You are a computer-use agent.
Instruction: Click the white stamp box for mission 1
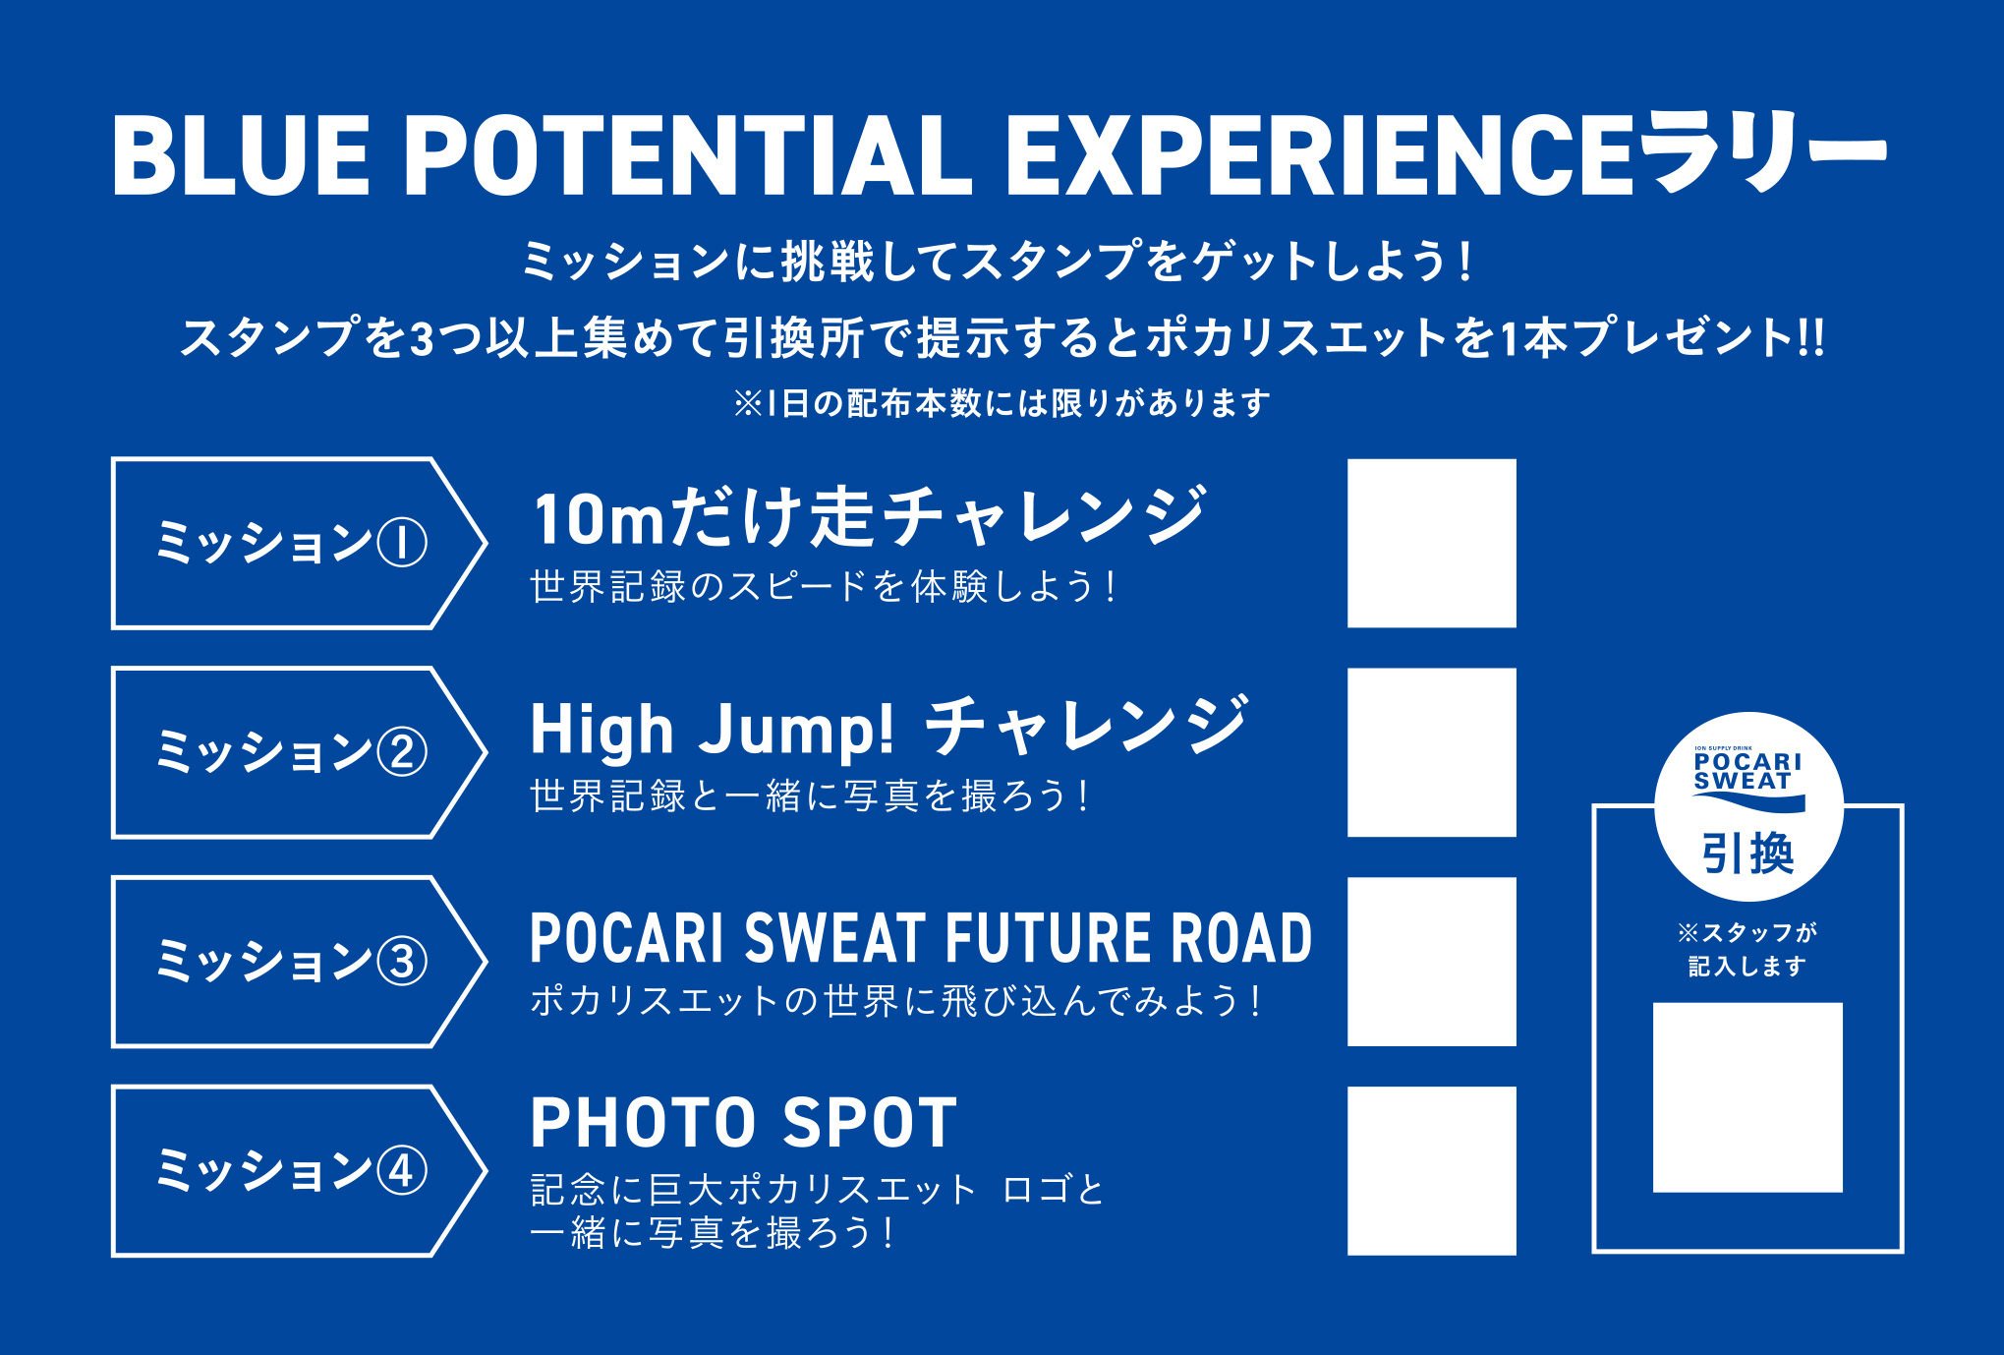pyautogui.click(x=1431, y=543)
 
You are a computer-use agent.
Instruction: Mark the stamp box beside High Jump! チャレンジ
pyautogui.click(x=1431, y=752)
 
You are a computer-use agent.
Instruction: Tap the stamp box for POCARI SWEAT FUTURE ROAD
pyautogui.click(x=1431, y=962)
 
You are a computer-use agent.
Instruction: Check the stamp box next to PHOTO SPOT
pyautogui.click(x=1431, y=1171)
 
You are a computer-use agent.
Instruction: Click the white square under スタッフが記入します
pyautogui.click(x=1747, y=1097)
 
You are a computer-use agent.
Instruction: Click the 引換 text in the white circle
pyautogui.click(x=1747, y=854)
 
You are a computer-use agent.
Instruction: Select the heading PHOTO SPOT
pyautogui.click(x=743, y=1123)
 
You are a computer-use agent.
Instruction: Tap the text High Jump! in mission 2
pyautogui.click(x=713, y=729)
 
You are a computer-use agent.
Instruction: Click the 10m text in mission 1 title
pyautogui.click(x=600, y=519)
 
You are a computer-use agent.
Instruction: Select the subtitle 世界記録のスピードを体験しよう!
pyautogui.click(x=824, y=587)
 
